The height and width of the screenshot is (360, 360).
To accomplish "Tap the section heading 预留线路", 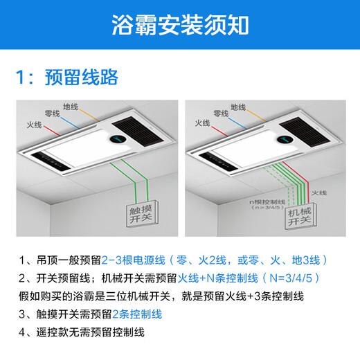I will tap(89, 75).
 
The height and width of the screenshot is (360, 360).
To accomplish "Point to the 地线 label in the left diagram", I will tap(71, 107).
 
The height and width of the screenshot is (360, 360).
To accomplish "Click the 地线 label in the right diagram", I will tap(238, 107).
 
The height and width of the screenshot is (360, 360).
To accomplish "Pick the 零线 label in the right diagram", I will tap(220, 112).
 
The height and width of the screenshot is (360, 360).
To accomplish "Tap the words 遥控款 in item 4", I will tap(53, 332).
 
